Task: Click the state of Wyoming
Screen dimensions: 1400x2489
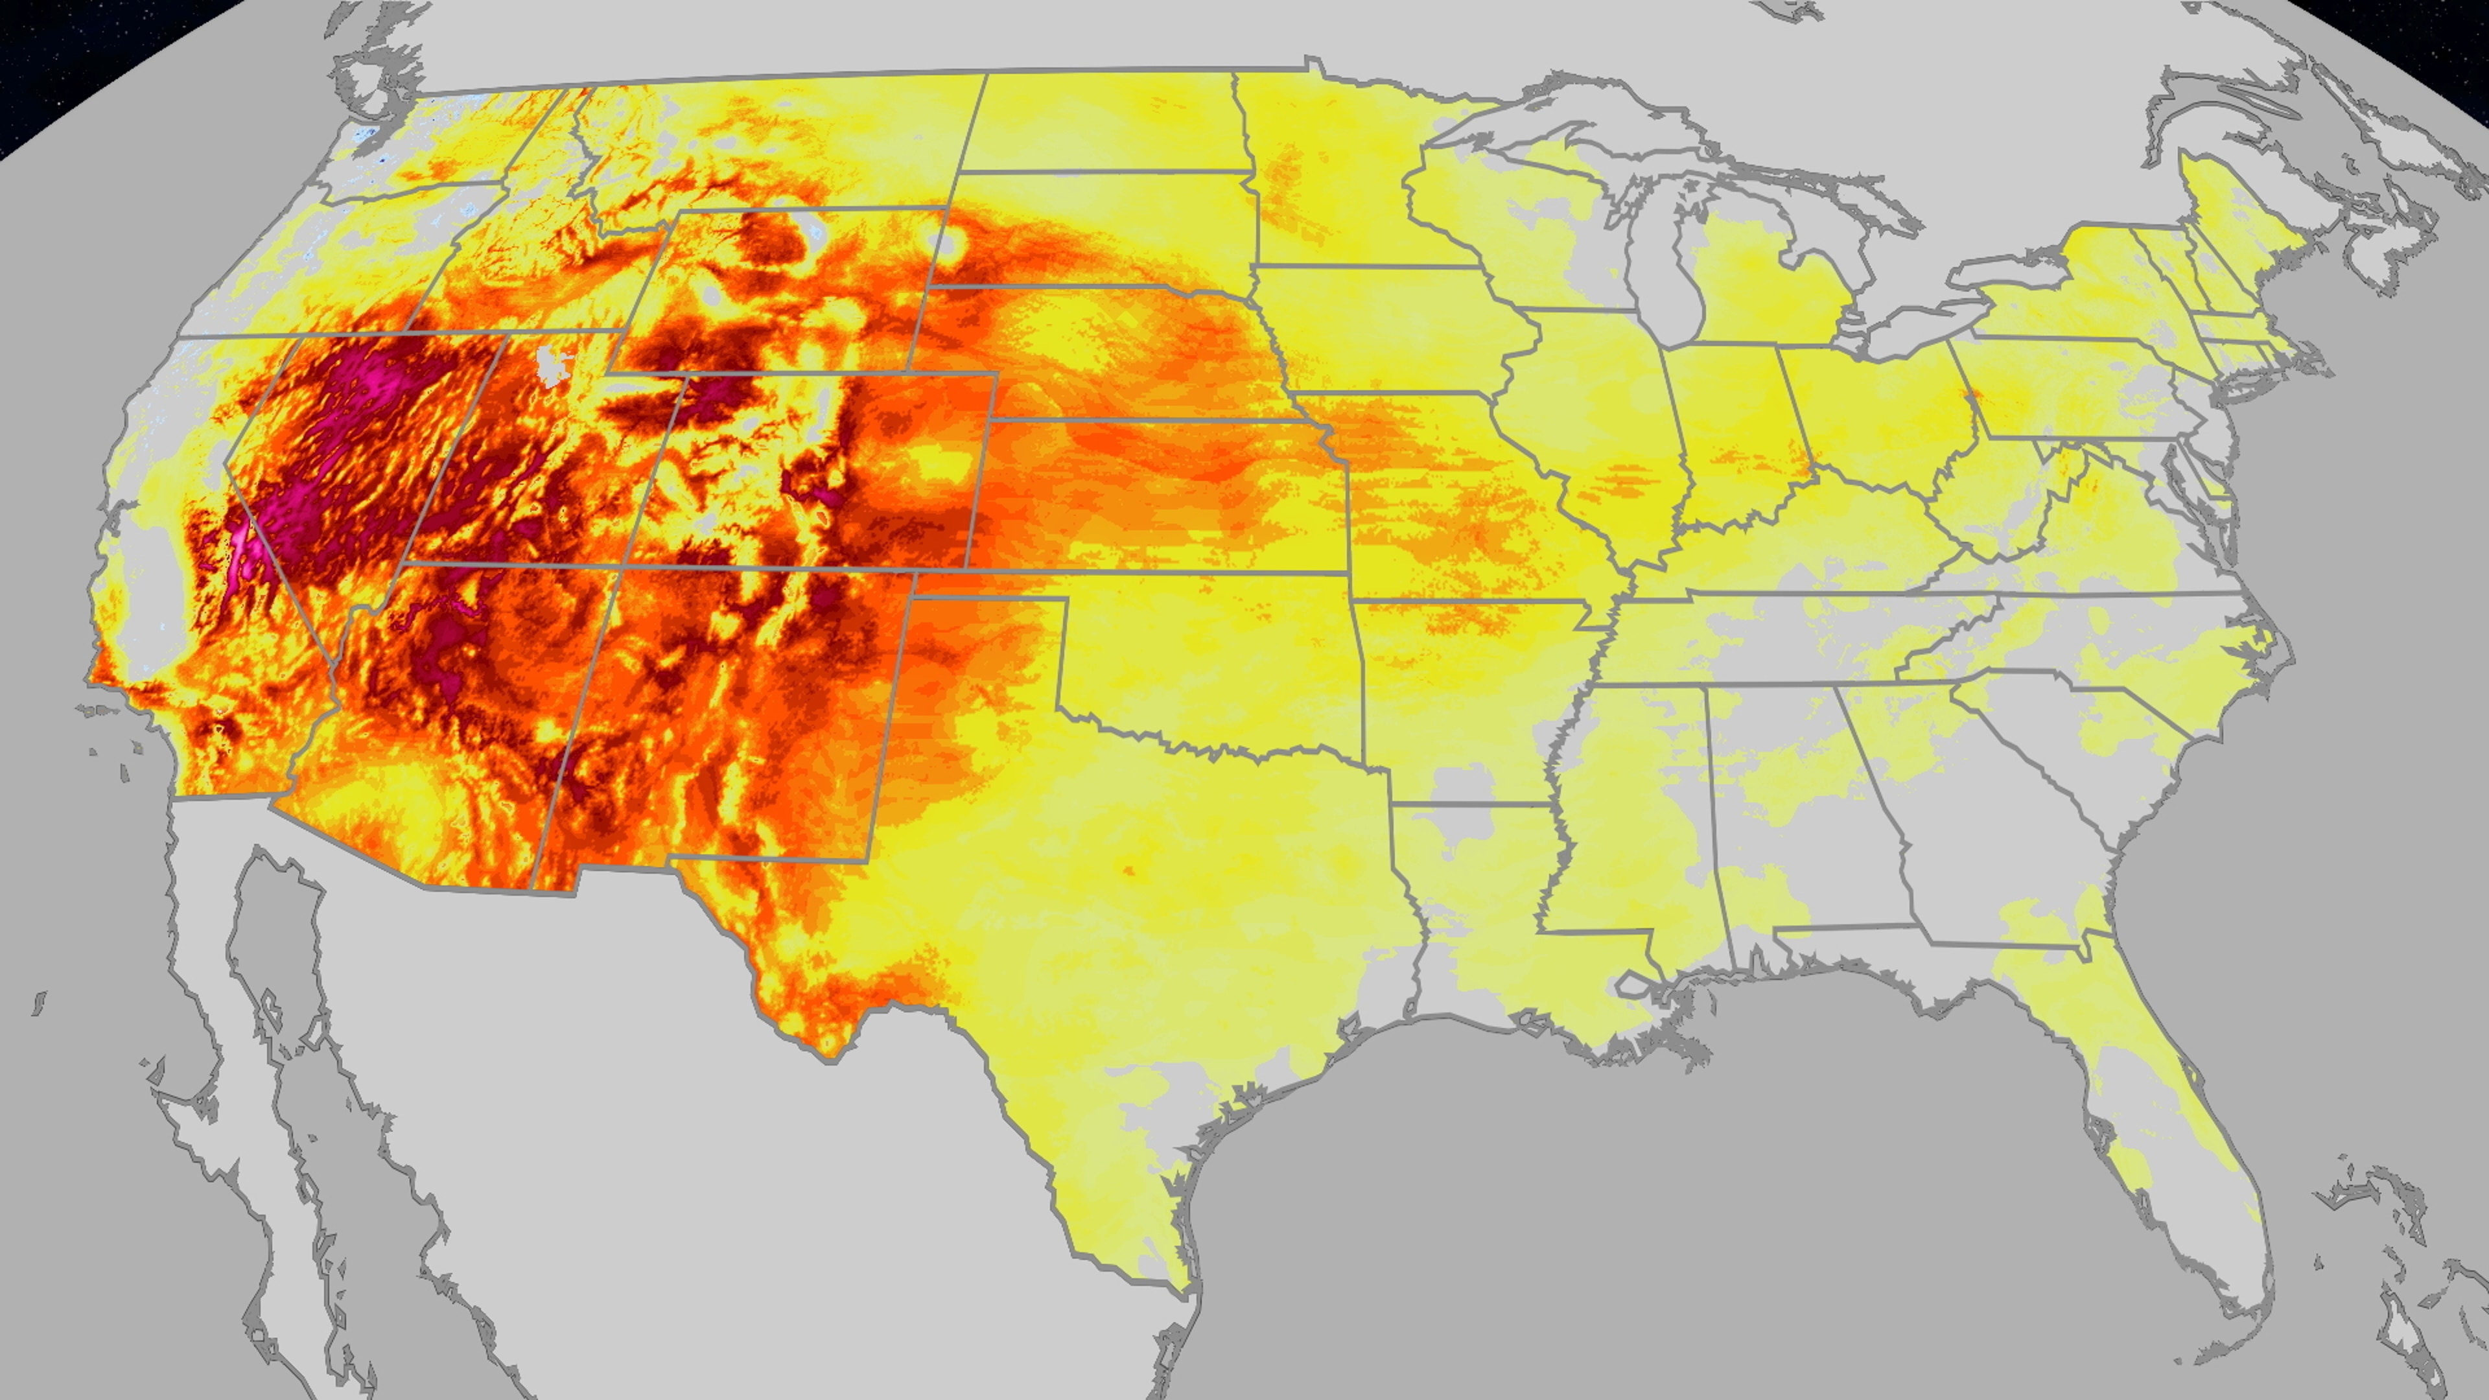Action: click(x=782, y=290)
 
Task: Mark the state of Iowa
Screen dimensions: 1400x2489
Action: click(x=1392, y=329)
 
